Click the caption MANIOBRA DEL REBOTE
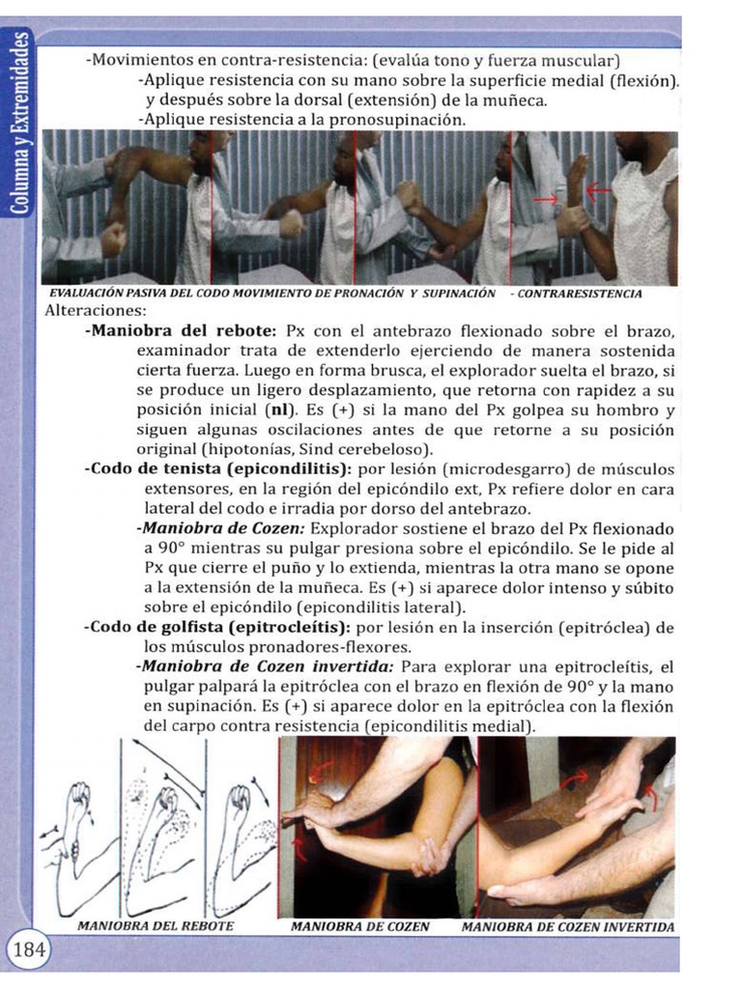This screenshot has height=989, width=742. (156, 926)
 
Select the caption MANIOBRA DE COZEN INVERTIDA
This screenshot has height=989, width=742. (568, 927)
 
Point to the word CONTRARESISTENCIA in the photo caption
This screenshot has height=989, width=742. (580, 294)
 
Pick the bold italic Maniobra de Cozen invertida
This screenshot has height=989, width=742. (268, 666)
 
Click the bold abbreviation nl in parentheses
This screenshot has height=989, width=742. (282, 410)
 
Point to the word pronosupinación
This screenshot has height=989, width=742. (397, 120)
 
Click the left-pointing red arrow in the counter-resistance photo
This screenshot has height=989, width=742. (598, 188)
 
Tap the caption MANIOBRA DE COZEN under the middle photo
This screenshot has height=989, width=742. (360, 927)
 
